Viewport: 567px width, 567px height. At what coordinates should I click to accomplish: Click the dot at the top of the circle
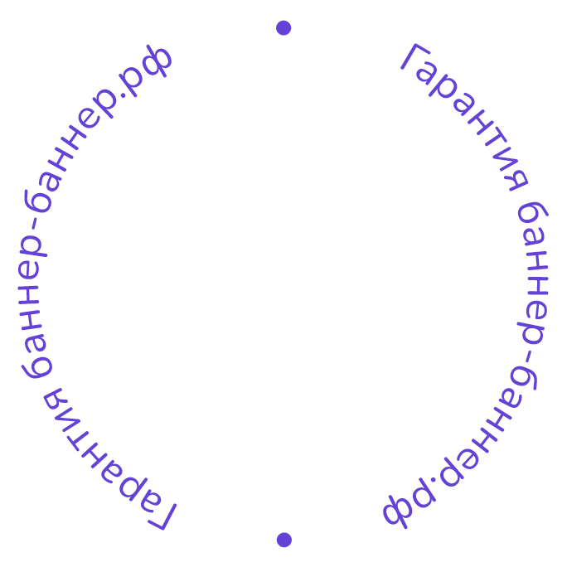(283, 28)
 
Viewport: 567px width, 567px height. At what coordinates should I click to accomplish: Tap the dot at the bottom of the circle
(283, 540)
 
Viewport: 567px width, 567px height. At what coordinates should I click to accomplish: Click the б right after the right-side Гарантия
(531, 220)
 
